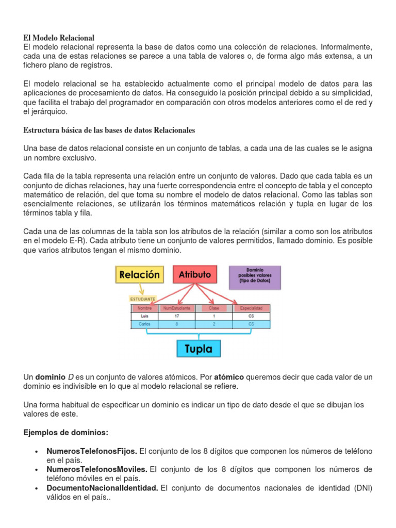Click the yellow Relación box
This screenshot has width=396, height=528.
click(139, 275)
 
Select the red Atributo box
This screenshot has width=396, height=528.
click(194, 275)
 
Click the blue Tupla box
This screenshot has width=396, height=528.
click(198, 349)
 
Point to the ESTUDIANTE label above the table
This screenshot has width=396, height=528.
click(142, 298)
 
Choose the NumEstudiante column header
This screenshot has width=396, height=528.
click(177, 308)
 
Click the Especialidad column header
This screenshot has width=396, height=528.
click(251, 308)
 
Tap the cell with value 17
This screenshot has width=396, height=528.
click(177, 316)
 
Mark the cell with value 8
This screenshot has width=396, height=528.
click(177, 324)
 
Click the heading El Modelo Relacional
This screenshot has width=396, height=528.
click(59, 38)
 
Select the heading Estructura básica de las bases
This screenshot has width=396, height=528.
click(109, 129)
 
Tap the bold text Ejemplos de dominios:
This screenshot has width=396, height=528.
click(66, 432)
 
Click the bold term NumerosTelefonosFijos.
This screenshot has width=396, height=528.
click(92, 451)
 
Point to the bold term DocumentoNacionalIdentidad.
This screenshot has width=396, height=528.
click(102, 488)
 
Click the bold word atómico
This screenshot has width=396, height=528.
click(228, 377)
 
